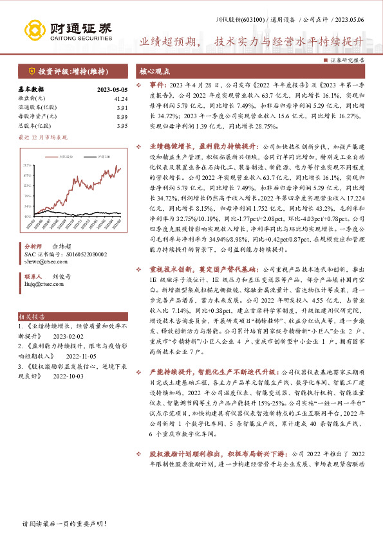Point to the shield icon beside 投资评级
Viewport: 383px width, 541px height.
[32, 71]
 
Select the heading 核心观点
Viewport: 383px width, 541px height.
[154, 71]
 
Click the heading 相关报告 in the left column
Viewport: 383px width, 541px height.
[31, 317]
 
